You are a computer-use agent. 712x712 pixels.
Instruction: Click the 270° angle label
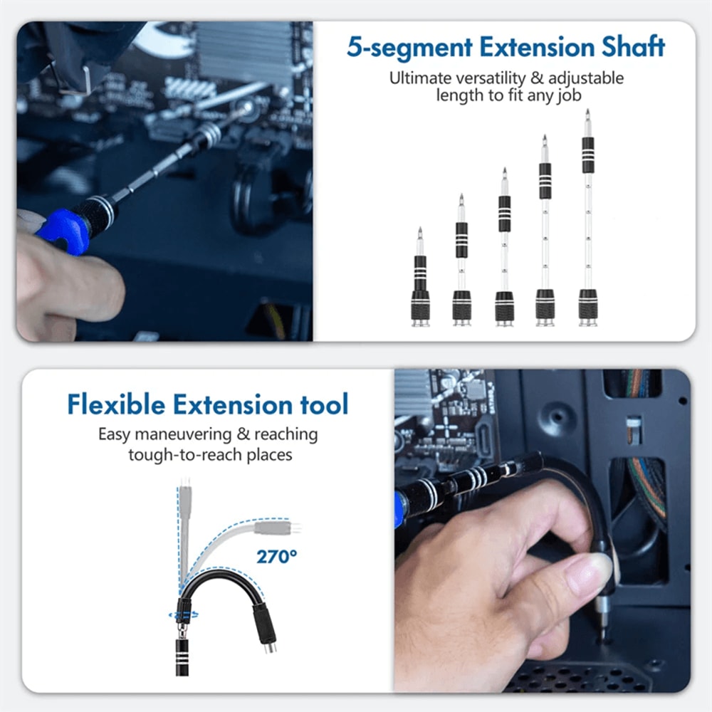pos(276,556)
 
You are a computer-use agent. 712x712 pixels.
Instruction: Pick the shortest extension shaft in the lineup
pos(420,281)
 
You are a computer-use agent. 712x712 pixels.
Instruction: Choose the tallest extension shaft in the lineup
pos(587,221)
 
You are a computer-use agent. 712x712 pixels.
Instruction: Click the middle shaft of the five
pos(504,249)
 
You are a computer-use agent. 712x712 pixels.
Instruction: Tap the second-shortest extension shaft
pos(461,263)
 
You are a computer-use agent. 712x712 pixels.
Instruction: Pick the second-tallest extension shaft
pos(545,235)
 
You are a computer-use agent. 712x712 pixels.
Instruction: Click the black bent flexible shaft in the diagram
pos(228,580)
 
